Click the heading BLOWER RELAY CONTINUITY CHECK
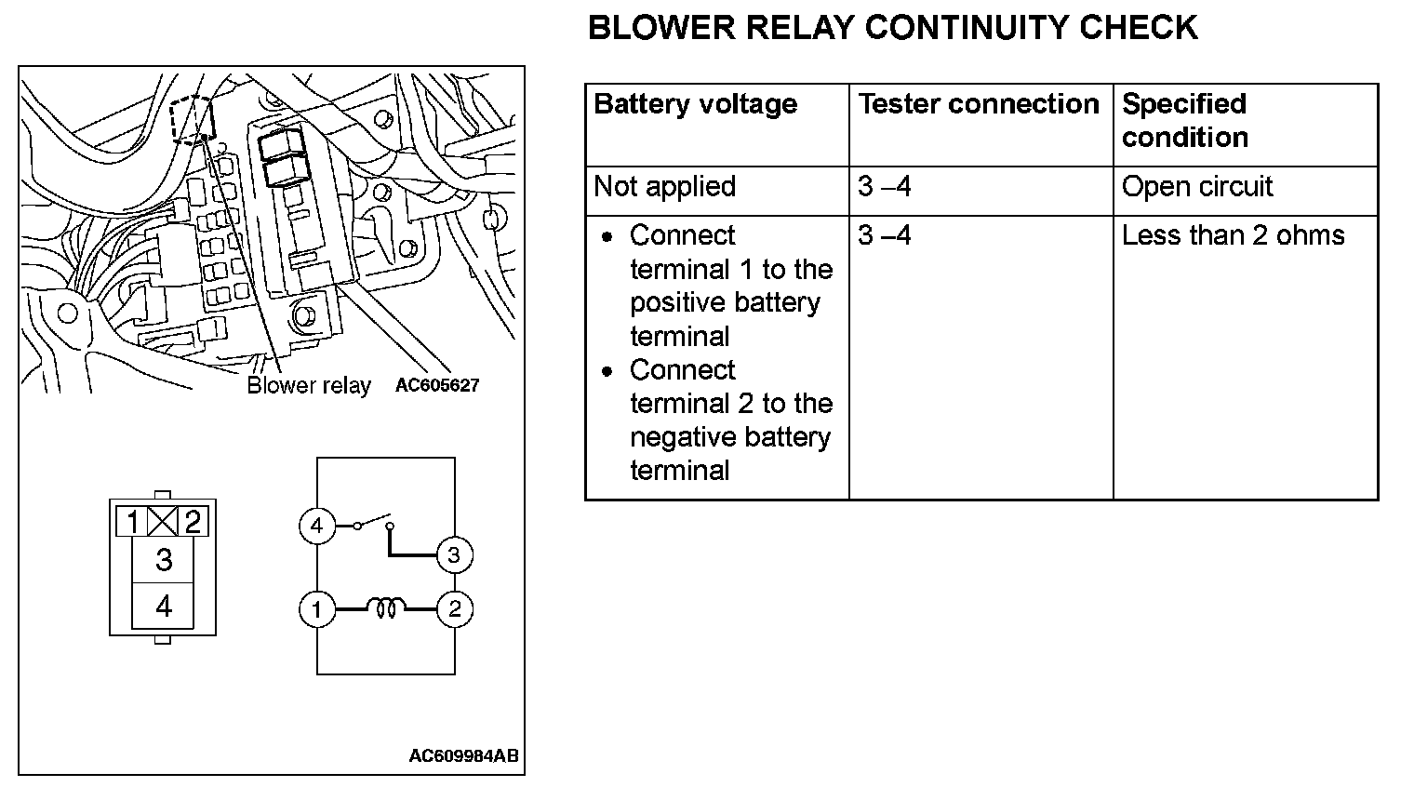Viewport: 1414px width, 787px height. [892, 28]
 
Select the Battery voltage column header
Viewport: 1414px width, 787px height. [695, 104]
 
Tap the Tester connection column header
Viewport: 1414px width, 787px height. [978, 104]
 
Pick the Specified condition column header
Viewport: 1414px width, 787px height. [1184, 120]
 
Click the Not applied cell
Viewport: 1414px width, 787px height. [664, 187]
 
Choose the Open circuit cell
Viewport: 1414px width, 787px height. [1196, 187]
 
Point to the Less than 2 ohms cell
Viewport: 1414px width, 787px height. [1233, 235]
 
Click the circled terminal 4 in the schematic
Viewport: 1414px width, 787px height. [316, 527]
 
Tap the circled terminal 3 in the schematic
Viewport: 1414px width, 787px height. [454, 555]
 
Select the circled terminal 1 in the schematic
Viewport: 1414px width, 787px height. [316, 610]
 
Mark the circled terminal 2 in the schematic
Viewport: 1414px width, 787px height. [454, 610]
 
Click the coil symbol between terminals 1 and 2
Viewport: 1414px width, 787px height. [385, 609]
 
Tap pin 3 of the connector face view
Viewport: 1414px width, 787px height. [164, 559]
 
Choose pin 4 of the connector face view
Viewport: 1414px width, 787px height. [164, 607]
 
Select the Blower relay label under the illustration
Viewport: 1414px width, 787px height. [308, 385]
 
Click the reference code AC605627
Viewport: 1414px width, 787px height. [436, 385]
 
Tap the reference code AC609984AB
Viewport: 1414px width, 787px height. [463, 755]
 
